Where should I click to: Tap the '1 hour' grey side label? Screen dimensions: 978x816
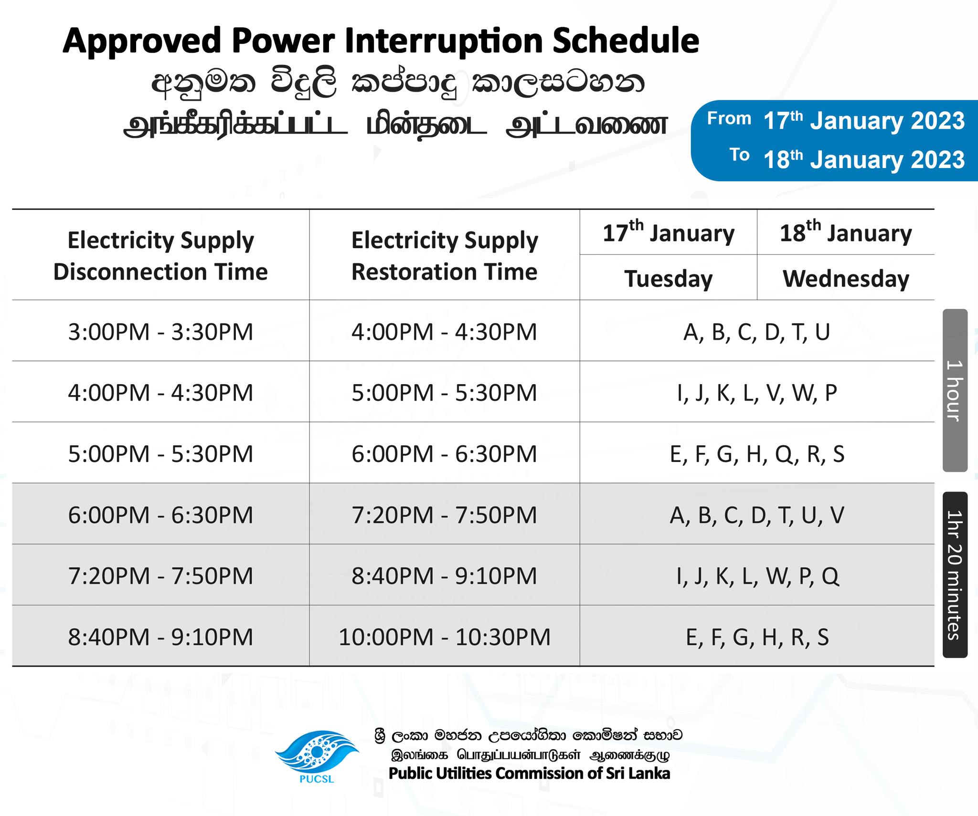(955, 390)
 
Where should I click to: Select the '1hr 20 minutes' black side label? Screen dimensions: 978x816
(955, 575)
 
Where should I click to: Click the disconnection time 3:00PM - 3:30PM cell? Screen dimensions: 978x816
(160, 332)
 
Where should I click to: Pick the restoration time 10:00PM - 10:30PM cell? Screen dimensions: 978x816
(445, 637)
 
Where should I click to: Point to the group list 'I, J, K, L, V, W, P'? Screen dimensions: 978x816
(757, 393)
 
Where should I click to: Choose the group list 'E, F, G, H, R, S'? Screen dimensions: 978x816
(757, 637)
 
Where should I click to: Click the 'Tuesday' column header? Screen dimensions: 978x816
(669, 278)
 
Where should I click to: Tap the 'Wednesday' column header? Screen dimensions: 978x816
(846, 278)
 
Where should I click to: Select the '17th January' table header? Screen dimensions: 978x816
(669, 232)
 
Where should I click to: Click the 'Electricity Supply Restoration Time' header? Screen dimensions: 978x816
(445, 256)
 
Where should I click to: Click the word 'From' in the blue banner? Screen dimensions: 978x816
(729, 118)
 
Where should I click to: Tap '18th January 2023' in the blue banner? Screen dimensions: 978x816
(864, 159)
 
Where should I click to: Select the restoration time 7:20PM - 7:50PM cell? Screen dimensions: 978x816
(445, 515)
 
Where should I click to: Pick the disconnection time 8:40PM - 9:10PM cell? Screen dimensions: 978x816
(160, 637)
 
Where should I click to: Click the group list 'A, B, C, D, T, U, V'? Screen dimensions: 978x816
(757, 515)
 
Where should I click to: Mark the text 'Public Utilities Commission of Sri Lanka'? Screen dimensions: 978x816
(529, 773)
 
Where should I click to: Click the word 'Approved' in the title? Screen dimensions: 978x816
(142, 42)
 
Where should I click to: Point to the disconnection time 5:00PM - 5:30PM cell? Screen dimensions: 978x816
(160, 454)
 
